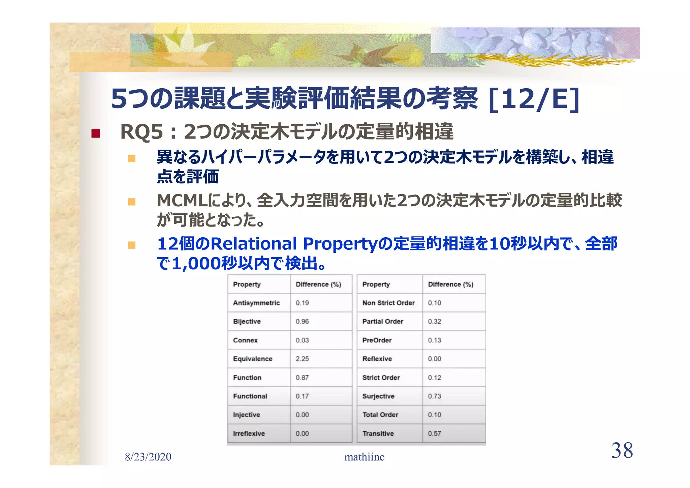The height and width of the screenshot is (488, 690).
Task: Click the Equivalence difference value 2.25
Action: (x=302, y=359)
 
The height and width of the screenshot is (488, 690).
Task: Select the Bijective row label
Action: (x=247, y=322)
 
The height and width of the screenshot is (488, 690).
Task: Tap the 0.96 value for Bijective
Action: (x=302, y=322)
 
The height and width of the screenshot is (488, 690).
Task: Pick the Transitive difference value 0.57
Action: (x=434, y=434)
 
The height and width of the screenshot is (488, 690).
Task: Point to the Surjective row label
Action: (x=378, y=396)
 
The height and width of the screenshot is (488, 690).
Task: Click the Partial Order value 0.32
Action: (x=434, y=322)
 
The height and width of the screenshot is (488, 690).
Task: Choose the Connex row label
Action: (x=245, y=340)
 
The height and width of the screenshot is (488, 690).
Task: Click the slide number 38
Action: (x=622, y=451)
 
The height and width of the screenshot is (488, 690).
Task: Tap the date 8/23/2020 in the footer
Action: (x=148, y=457)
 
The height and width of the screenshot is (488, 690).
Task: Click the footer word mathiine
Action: (x=364, y=457)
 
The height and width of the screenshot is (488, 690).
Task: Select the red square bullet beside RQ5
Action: (x=96, y=133)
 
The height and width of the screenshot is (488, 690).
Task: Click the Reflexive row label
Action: (x=377, y=359)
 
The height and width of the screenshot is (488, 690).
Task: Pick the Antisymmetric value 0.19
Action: (x=302, y=303)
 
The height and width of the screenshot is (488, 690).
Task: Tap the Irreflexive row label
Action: (x=249, y=434)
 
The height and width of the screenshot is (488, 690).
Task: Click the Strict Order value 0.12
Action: (x=434, y=378)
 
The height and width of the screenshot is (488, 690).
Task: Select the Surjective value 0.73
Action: (x=434, y=396)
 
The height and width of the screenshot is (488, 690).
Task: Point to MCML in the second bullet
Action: (x=182, y=201)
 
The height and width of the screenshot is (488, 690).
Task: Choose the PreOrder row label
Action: (x=377, y=340)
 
